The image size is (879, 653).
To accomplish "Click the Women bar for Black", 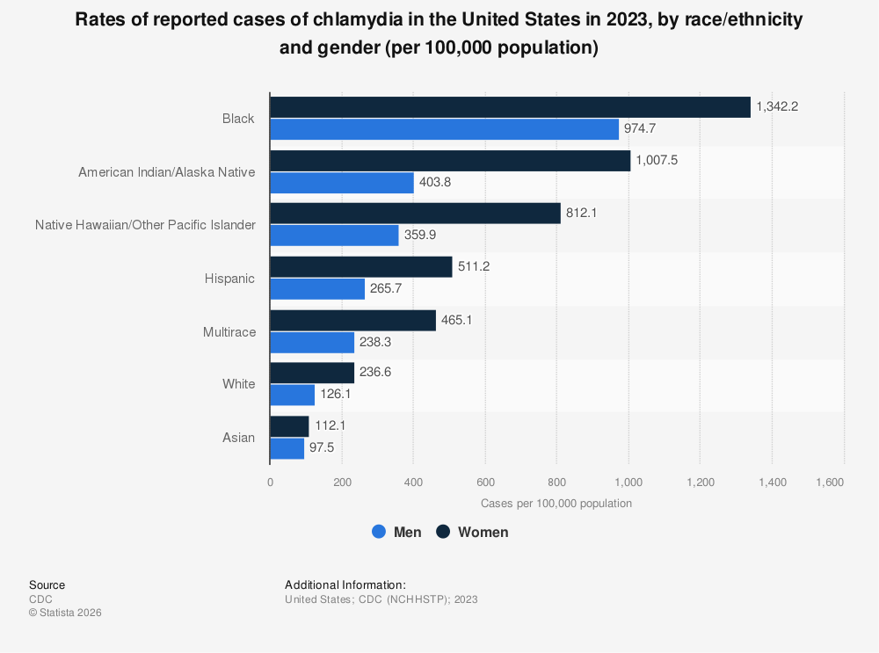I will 510,107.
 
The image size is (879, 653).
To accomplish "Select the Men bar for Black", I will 444,129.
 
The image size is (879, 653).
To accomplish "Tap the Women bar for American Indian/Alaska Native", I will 450,161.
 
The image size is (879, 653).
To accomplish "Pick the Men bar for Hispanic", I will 317,289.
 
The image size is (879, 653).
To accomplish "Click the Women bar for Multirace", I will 352,321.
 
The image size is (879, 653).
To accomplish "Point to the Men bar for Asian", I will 287,448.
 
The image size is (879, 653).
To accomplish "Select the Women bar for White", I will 312,373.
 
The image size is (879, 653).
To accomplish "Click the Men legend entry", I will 396,532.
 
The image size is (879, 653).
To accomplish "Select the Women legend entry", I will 472,532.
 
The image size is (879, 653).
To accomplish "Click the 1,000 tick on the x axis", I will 628,482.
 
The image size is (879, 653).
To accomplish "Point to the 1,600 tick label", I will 830,482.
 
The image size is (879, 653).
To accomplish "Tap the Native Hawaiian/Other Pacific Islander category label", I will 145,225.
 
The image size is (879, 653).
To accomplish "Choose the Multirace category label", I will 229,331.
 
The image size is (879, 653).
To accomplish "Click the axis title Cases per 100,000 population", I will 556,504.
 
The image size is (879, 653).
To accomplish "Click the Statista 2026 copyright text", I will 65,613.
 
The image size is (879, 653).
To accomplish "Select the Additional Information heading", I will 345,584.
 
